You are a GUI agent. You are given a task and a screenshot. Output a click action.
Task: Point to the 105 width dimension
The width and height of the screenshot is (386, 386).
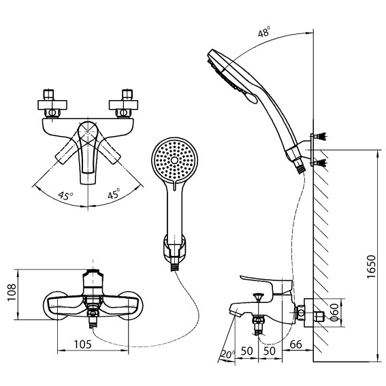[82, 344]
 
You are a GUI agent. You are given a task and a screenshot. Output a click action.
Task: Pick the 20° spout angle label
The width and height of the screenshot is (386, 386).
[227, 355]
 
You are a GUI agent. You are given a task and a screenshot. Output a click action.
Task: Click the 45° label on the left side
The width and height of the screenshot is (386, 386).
[65, 194]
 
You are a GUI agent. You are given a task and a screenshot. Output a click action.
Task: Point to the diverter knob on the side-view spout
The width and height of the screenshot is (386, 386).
[258, 297]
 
